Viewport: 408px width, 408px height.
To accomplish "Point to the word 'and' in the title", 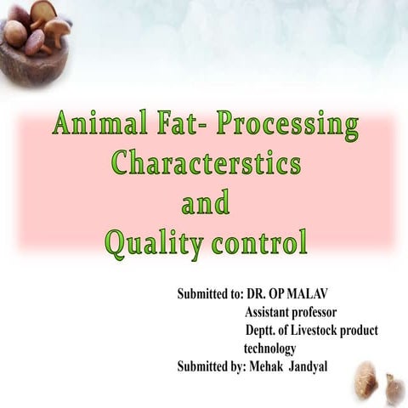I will [206, 205].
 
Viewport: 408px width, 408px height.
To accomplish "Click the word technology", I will [269, 348].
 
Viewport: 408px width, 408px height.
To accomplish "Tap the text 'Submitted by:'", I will [209, 366].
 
